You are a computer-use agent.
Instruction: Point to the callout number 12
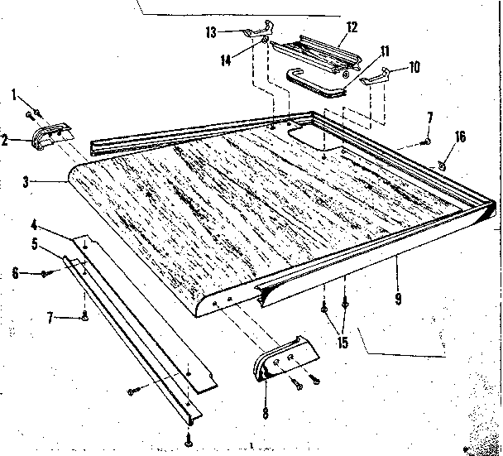pos(352,27)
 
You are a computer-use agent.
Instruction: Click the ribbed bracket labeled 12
pos(317,51)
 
